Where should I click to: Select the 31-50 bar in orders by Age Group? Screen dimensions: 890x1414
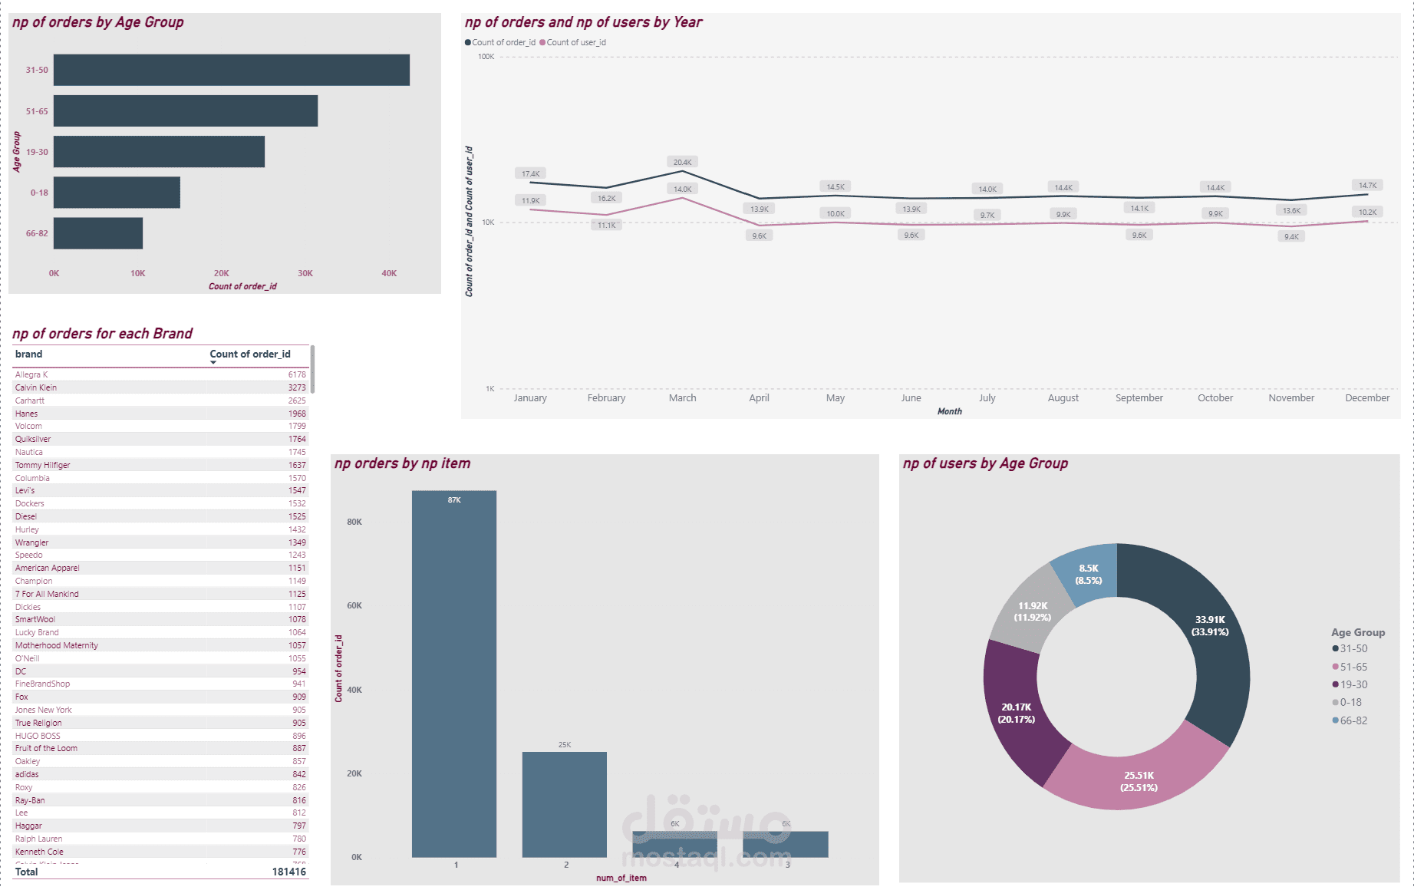pos(231,70)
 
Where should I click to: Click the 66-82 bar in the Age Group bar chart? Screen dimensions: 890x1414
pos(98,233)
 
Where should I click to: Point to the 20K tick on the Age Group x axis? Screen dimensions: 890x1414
pos(221,273)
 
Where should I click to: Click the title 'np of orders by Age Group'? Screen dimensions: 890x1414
pos(98,22)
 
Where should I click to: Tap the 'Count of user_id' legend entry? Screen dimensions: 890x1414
pos(575,43)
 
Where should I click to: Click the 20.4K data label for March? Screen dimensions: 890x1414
pos(682,163)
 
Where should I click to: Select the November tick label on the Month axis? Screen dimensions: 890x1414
pos(1291,398)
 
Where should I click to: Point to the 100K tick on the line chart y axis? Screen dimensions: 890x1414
pos(486,57)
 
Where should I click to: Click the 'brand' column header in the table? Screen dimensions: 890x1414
pos(29,354)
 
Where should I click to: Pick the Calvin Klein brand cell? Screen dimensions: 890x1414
pos(36,388)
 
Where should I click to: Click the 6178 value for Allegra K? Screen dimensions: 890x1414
pos(297,375)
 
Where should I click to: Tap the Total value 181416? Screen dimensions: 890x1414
pos(288,872)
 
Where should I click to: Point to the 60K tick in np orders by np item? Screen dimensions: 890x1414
pos(354,606)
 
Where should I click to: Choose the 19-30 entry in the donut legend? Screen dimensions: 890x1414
pos(1353,685)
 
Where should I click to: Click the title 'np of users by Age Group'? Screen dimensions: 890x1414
pos(985,463)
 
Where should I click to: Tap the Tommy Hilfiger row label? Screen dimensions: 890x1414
pos(43,466)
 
